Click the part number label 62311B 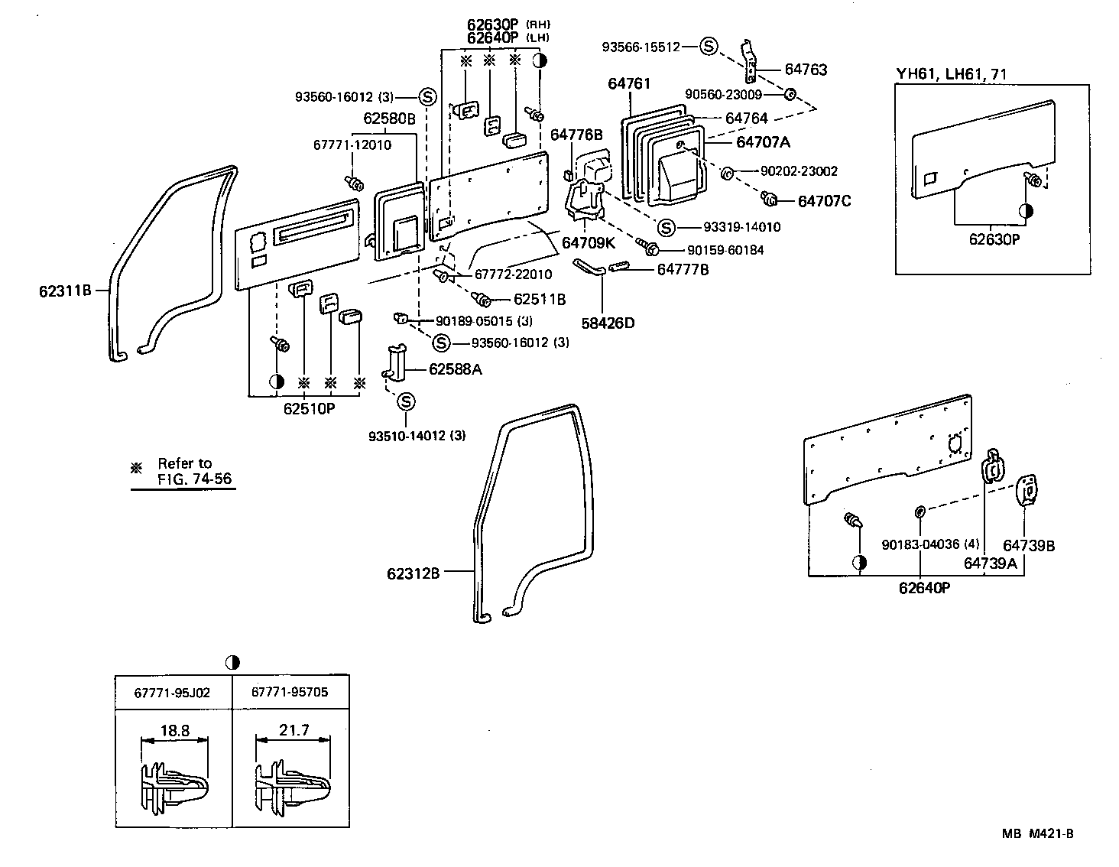65,291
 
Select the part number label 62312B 413,573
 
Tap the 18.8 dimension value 175,731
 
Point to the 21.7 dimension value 294,730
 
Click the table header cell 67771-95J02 172,693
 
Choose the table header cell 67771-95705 290,692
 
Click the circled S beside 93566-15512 709,47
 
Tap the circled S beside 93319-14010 666,227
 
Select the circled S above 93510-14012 406,401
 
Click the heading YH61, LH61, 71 951,74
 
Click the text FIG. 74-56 195,479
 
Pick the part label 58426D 608,323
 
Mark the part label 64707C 824,201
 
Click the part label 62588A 456,369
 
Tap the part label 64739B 1029,546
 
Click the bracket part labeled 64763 749,61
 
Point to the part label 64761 629,83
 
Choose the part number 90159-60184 725,250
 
